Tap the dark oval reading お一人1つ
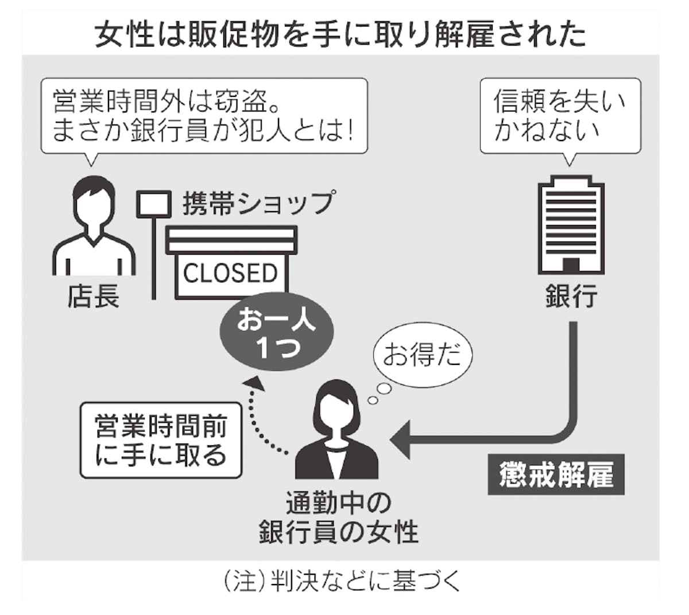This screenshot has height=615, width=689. (277, 333)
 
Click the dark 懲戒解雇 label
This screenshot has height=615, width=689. (556, 475)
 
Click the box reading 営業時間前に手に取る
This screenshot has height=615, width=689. (161, 440)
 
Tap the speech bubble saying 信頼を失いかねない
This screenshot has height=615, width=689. (560, 116)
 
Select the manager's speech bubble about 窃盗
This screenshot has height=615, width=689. (204, 116)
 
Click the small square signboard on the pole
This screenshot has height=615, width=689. (154, 204)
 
